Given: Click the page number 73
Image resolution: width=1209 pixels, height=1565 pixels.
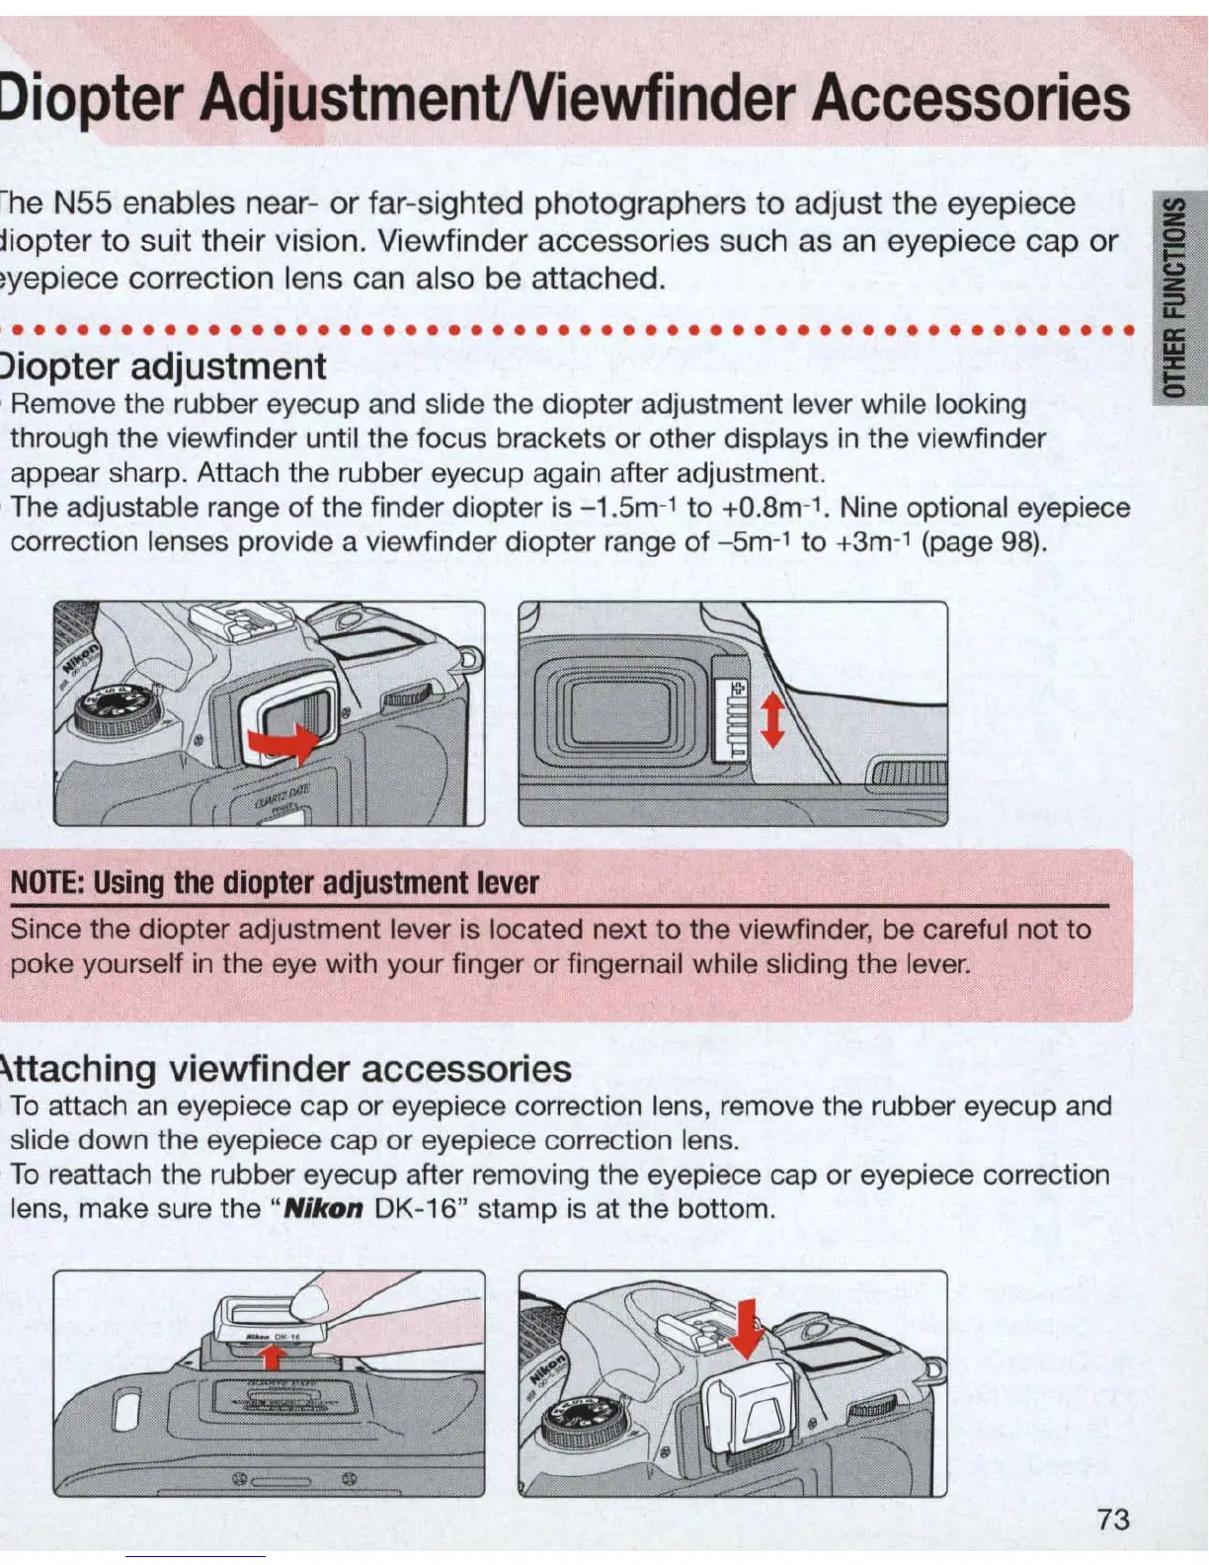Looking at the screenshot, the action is (x=1112, y=1519).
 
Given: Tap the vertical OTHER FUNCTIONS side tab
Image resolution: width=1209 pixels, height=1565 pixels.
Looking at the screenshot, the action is (x=1179, y=296).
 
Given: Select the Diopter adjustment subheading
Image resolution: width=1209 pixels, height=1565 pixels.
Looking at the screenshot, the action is (x=163, y=367).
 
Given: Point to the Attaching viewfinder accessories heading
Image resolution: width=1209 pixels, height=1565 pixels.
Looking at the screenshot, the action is (x=286, y=1069).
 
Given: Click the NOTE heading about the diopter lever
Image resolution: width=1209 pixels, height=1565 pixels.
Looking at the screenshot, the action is (x=275, y=882).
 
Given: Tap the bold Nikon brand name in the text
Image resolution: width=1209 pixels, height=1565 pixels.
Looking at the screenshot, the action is (x=324, y=1208).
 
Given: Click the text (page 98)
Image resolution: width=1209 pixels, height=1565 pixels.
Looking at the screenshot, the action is (x=983, y=541).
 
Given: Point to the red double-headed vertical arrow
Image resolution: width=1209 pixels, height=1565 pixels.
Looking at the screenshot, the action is (x=772, y=719).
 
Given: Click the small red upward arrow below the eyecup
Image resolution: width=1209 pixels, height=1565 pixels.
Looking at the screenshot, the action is (x=273, y=1359).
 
